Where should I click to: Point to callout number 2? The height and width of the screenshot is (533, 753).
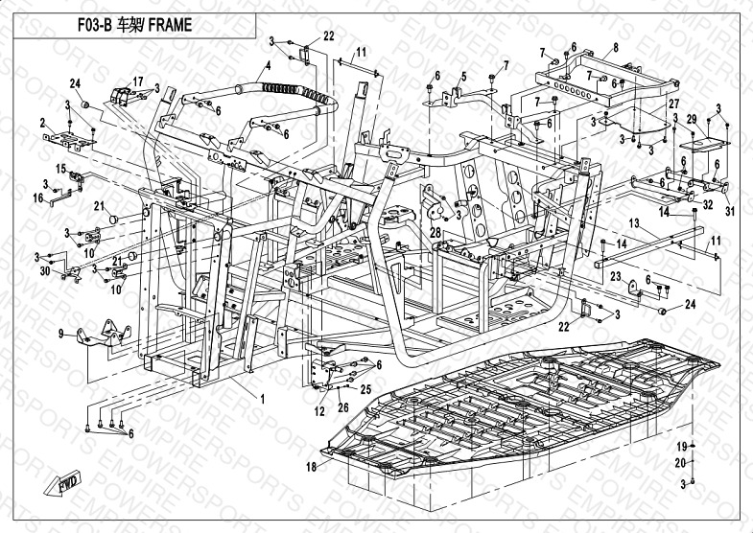tap(42, 123)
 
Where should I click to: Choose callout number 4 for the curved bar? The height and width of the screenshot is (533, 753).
tap(269, 65)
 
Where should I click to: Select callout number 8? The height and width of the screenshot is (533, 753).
tap(615, 47)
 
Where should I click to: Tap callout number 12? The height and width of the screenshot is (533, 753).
tap(318, 411)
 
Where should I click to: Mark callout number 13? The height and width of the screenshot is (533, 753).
tap(633, 221)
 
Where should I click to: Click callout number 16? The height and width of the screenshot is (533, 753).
tap(39, 199)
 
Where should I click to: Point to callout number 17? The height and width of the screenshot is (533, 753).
tap(138, 81)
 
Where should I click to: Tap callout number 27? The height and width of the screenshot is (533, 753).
tap(672, 103)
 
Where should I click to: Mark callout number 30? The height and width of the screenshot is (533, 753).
tap(44, 271)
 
